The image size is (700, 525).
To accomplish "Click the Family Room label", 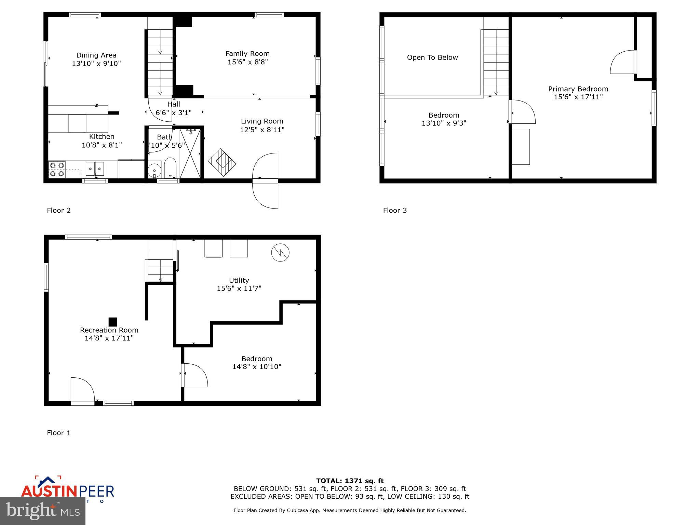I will click(x=247, y=54).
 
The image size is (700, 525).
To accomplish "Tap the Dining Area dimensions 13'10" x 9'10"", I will click(x=96, y=64).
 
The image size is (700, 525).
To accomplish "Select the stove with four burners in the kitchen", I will click(x=57, y=170).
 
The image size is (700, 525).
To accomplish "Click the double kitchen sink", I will click(x=95, y=169).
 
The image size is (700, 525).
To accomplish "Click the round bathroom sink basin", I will click(x=154, y=170).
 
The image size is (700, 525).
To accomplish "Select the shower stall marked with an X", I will click(x=190, y=152).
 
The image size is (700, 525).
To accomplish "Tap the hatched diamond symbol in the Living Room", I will click(x=222, y=162).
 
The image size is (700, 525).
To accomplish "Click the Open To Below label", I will click(x=432, y=57).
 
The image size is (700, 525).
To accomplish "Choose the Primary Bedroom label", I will click(x=578, y=89).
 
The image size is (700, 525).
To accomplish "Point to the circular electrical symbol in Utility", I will click(x=280, y=253).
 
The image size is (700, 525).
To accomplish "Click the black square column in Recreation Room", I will click(x=113, y=322).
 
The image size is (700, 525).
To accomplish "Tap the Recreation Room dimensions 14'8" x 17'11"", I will click(x=109, y=338).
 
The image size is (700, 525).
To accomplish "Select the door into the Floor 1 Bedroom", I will click(x=195, y=375).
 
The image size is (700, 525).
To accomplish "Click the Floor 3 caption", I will click(x=395, y=210).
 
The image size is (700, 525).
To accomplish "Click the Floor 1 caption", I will click(x=58, y=433).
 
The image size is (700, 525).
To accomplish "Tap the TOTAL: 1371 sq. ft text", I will click(x=350, y=481).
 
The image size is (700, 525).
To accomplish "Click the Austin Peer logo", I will click(x=67, y=489).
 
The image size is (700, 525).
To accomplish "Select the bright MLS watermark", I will click(x=43, y=511).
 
